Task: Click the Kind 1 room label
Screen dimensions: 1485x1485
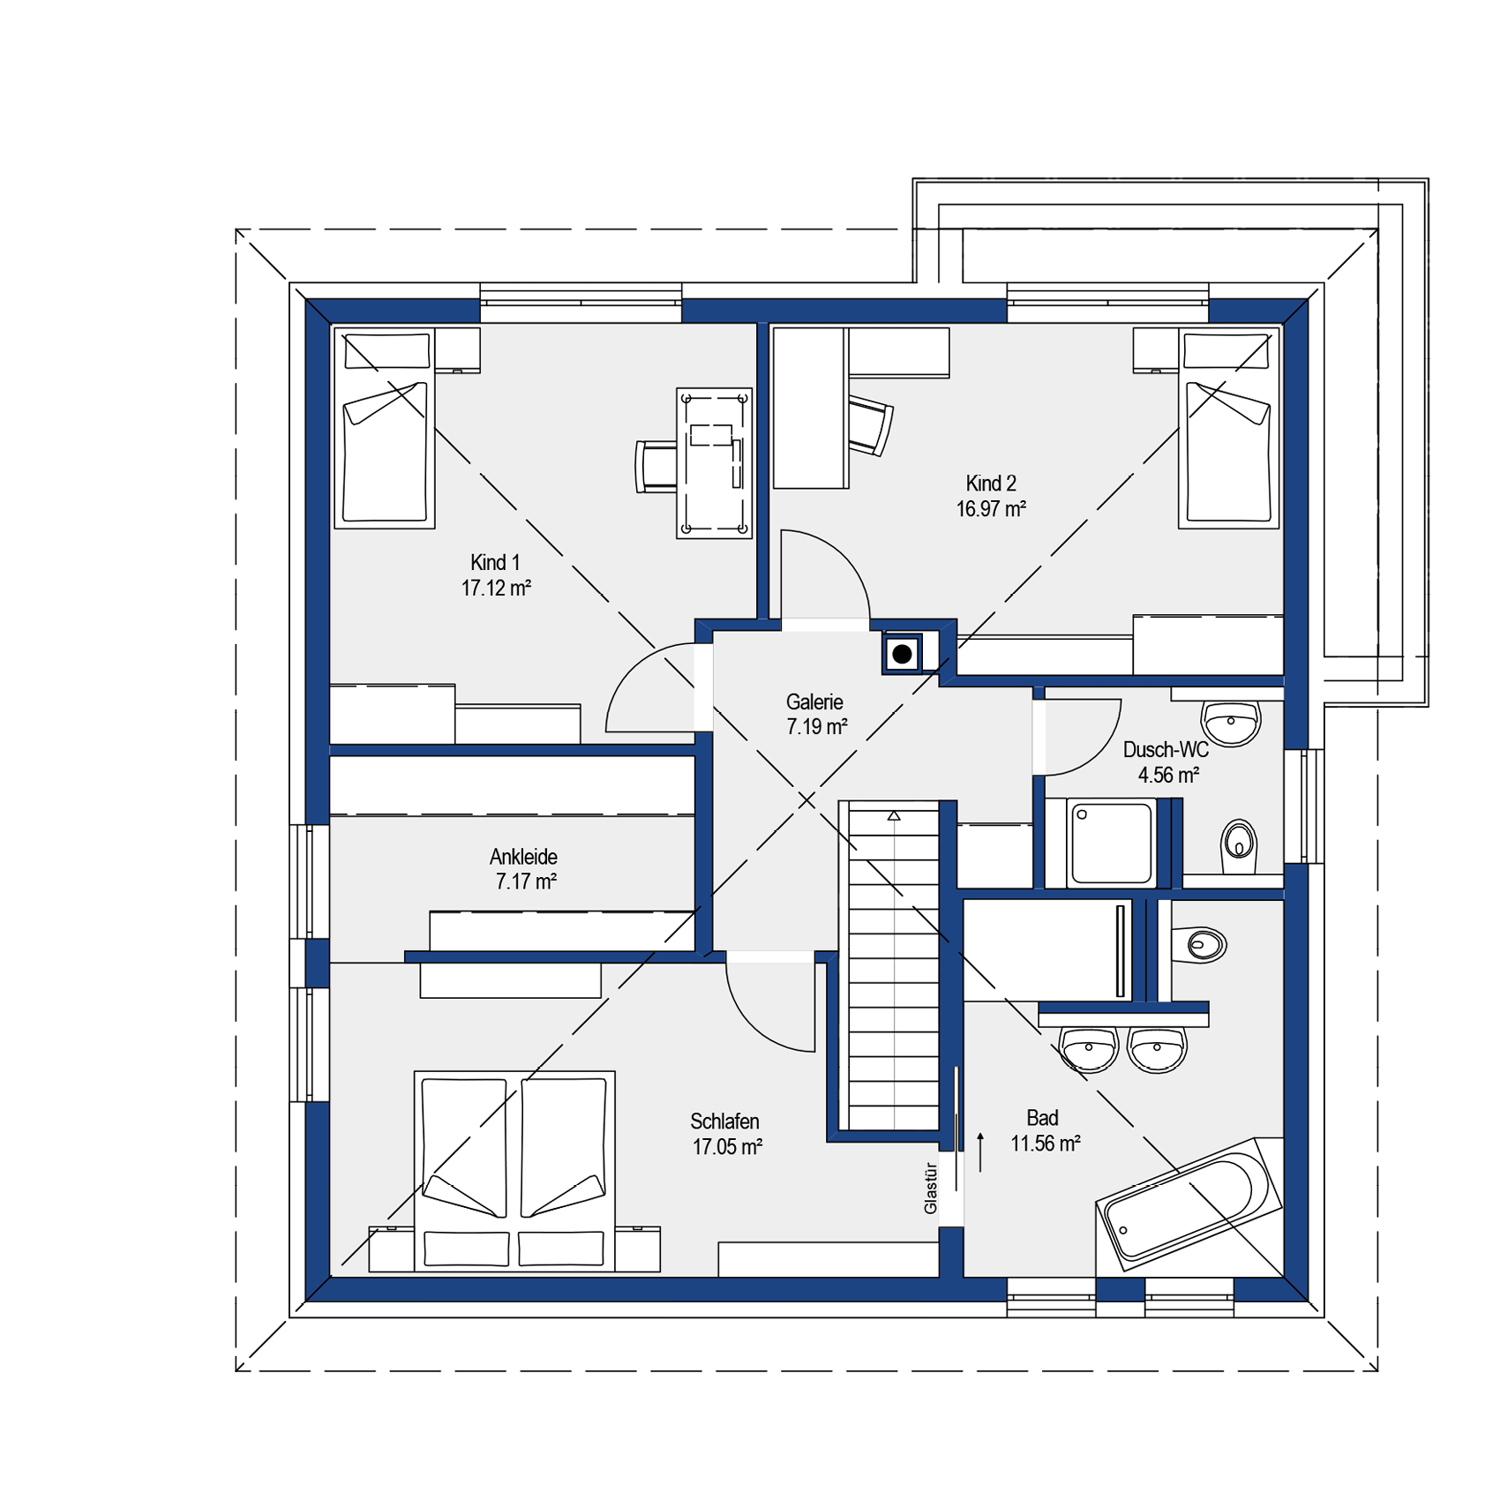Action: tap(495, 562)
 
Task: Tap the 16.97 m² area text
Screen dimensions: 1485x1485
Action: tap(991, 509)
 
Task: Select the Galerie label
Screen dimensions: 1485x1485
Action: tap(814, 701)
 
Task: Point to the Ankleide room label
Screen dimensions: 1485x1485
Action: tap(523, 856)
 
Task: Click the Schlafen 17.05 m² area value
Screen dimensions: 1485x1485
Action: tap(727, 1146)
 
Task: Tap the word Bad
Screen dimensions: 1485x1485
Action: tap(1042, 1118)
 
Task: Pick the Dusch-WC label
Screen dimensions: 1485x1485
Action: tap(1166, 749)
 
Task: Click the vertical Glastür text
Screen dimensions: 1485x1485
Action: tap(930, 1188)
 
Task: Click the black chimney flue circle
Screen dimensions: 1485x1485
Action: tap(902, 654)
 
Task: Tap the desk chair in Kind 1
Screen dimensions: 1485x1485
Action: tap(655, 466)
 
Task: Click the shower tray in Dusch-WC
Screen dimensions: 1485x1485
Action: tap(1111, 842)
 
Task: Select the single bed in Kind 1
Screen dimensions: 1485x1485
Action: tap(385, 428)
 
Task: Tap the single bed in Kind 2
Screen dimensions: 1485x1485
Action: tap(1228, 428)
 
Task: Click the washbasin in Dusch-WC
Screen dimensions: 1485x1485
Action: tap(1231, 723)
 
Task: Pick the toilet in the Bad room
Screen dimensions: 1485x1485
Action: tap(1198, 945)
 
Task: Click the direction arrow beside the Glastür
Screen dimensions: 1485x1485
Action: tap(980, 1151)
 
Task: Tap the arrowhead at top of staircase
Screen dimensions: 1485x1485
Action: tap(894, 816)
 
